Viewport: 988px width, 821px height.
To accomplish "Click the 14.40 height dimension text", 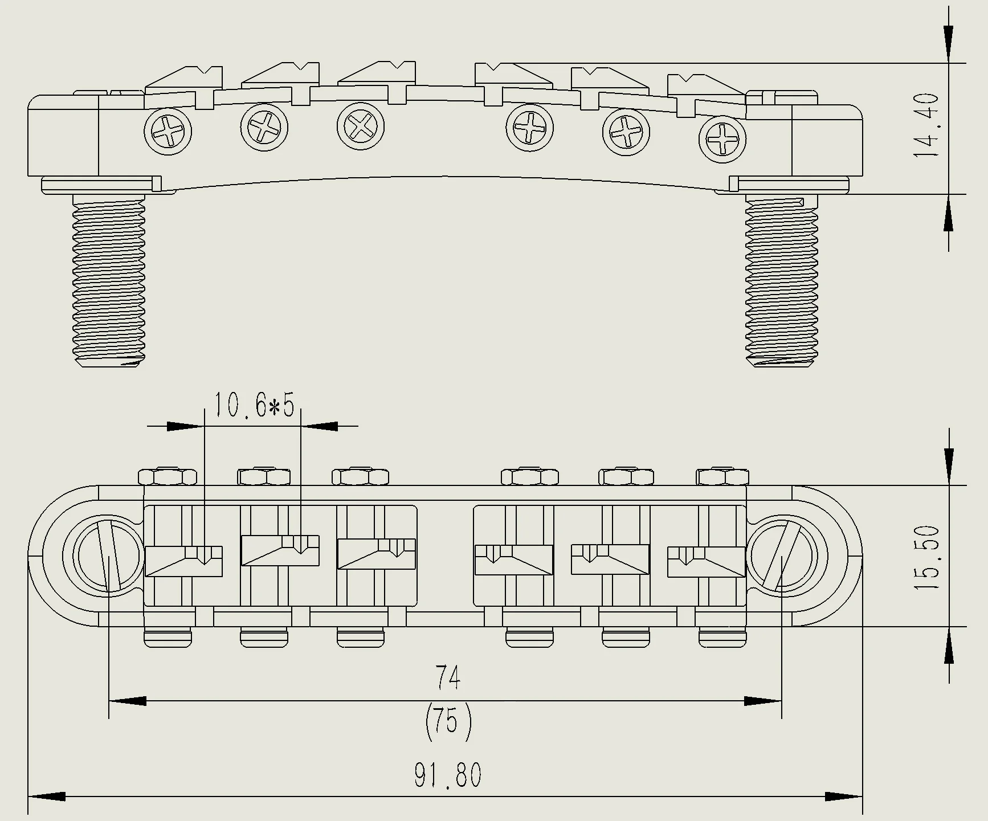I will [x=925, y=127].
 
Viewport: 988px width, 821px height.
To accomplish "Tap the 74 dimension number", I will [x=448, y=677].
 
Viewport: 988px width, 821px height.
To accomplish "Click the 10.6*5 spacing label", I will [x=254, y=406].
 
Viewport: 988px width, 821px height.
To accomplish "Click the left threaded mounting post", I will [x=108, y=279].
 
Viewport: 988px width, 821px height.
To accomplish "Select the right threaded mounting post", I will [x=782, y=279].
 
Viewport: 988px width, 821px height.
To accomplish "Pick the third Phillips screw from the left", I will [x=360, y=126].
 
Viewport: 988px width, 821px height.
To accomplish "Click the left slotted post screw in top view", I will [x=108, y=556].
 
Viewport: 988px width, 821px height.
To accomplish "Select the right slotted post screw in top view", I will [x=782, y=556].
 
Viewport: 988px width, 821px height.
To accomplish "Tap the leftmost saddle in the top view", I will [x=183, y=561].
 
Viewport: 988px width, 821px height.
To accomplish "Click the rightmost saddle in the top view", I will [x=707, y=561].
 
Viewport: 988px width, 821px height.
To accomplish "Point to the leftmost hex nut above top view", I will [x=167, y=476].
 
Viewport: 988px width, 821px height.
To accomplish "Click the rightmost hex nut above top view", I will [x=722, y=476].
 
